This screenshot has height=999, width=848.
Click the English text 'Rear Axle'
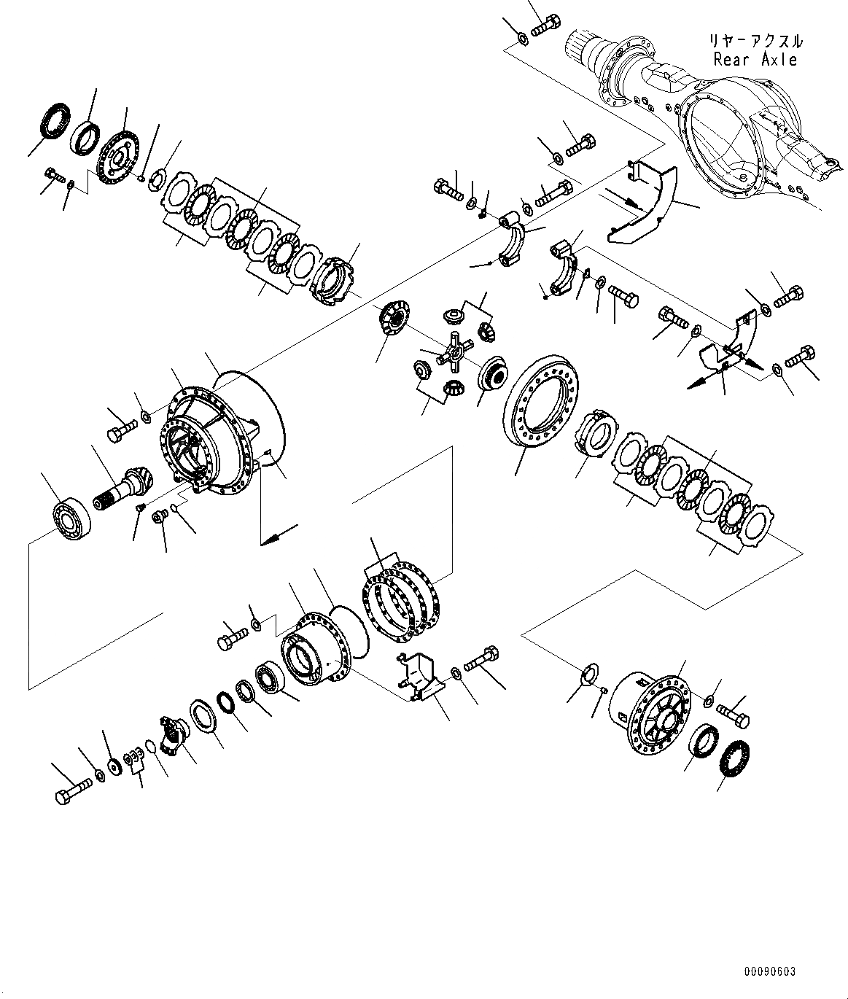755,60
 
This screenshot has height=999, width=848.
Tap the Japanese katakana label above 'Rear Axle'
755,41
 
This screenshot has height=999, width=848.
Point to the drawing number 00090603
771,971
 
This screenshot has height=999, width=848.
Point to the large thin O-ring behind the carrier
252,416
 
